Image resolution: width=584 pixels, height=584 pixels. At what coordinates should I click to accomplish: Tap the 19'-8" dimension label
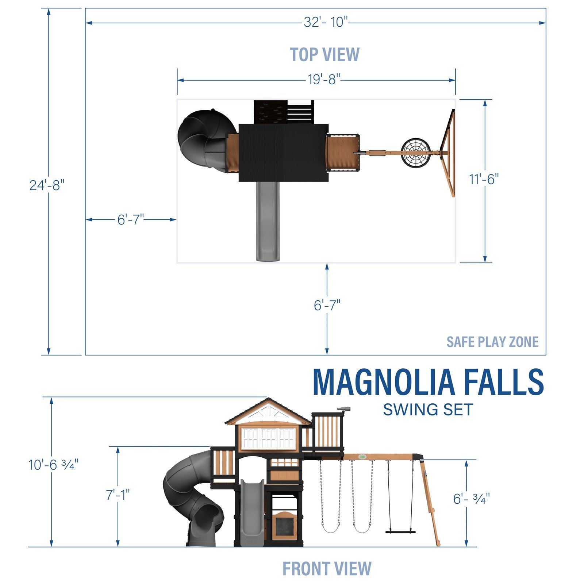click(324, 79)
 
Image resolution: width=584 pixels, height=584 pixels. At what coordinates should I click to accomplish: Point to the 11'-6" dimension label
click(484, 179)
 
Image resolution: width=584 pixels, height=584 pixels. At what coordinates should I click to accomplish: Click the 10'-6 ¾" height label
click(54, 465)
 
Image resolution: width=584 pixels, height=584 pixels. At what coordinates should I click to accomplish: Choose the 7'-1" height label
click(118, 495)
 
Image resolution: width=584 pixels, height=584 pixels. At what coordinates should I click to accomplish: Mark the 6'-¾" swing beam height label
click(471, 499)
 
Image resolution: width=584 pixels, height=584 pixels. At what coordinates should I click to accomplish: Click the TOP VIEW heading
click(324, 55)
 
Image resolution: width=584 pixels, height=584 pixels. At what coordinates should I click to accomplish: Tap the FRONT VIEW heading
click(327, 568)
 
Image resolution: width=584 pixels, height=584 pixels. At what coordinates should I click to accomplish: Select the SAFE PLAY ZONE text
click(492, 342)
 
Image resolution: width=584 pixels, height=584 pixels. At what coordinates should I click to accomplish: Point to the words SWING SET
click(428, 410)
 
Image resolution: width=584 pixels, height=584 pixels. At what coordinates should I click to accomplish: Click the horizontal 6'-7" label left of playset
click(131, 220)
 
